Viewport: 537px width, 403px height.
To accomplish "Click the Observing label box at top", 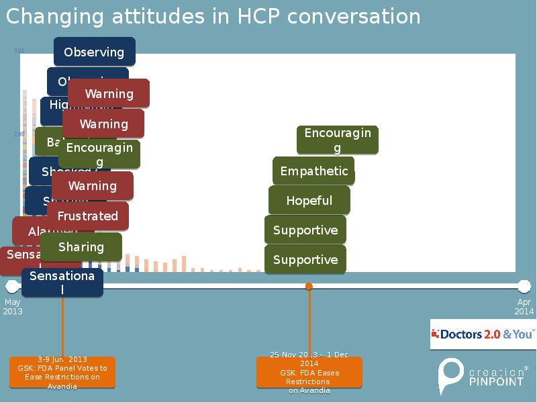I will point(94,52).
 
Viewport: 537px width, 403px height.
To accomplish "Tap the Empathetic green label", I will point(313,171).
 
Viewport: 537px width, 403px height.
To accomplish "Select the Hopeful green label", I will point(309,200).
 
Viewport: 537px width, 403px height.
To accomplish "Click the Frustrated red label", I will point(87,216).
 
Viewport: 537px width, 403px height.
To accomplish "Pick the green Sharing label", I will point(81,247).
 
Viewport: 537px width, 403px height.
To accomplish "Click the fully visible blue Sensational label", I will point(62,282).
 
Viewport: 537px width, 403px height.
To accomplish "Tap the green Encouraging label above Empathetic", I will point(338,140).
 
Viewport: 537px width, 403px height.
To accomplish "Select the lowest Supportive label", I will point(305,259).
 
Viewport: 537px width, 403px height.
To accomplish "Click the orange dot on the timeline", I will point(309,287).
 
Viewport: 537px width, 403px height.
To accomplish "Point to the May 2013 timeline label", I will point(13,307).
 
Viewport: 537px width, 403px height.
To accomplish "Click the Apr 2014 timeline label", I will point(524,307).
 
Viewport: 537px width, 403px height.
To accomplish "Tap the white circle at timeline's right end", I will point(524,287).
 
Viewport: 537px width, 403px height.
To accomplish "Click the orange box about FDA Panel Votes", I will point(62,373).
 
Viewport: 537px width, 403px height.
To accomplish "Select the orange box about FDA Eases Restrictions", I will point(309,372).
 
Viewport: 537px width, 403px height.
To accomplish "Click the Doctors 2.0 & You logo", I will point(483,334).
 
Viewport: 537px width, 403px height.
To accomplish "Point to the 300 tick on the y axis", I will point(19,51).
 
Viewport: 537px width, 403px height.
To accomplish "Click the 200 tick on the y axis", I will point(19,134).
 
